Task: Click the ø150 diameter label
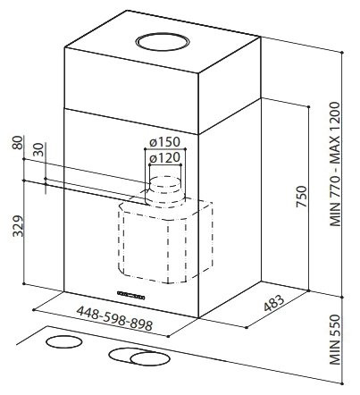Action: [165, 142]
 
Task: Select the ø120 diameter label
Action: [165, 157]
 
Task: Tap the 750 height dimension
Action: [301, 197]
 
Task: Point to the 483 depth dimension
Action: [274, 303]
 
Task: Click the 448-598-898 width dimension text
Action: [114, 318]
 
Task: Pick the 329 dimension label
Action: [18, 226]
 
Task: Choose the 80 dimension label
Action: [18, 143]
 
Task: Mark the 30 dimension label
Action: [38, 149]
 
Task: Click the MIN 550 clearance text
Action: [335, 340]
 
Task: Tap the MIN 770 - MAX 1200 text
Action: [335, 164]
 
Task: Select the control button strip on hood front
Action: [131, 295]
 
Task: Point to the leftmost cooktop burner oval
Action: [64, 342]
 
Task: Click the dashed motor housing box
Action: [165, 241]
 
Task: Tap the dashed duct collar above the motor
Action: [164, 192]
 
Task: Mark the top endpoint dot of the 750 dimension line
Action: [309, 106]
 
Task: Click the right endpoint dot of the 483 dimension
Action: [247, 327]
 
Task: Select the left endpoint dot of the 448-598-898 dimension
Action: [34, 309]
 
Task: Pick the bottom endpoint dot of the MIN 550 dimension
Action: [343, 383]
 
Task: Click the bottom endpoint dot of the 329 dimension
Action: [24, 283]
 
